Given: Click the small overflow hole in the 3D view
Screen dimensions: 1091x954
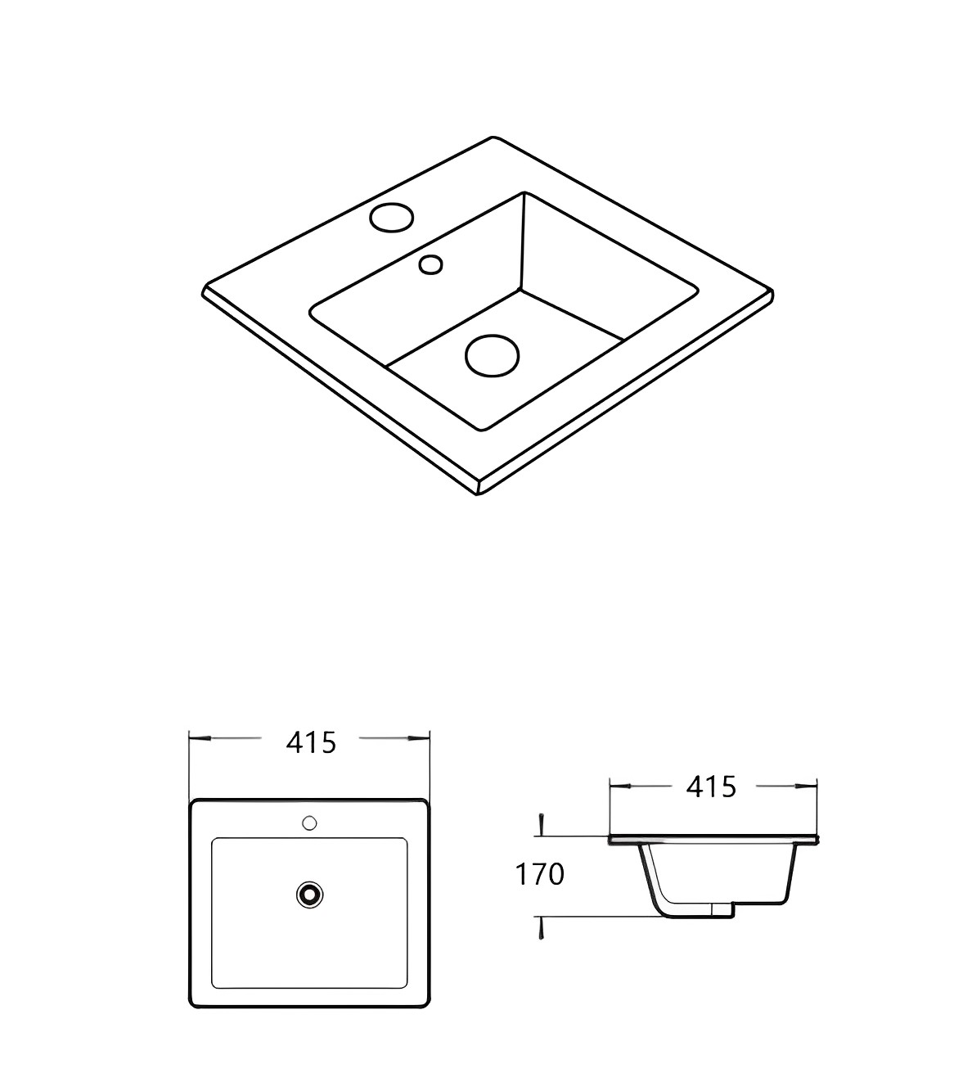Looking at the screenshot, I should (x=430, y=264).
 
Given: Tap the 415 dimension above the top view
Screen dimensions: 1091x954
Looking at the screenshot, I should (x=311, y=742).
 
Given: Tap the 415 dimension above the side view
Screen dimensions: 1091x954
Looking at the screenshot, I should (x=711, y=787).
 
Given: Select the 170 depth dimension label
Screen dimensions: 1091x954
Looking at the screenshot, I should (x=539, y=875).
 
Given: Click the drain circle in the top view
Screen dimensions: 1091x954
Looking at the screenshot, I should (x=309, y=894).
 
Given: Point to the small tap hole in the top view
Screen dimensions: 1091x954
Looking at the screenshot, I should (x=309, y=822).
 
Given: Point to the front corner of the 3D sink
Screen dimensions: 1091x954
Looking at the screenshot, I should (x=479, y=492).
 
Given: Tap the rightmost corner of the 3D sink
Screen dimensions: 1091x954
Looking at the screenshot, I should (x=772, y=291).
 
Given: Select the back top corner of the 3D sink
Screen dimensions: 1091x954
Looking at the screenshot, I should (x=493, y=138).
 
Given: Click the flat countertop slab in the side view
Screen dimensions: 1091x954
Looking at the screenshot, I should (x=712, y=840).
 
